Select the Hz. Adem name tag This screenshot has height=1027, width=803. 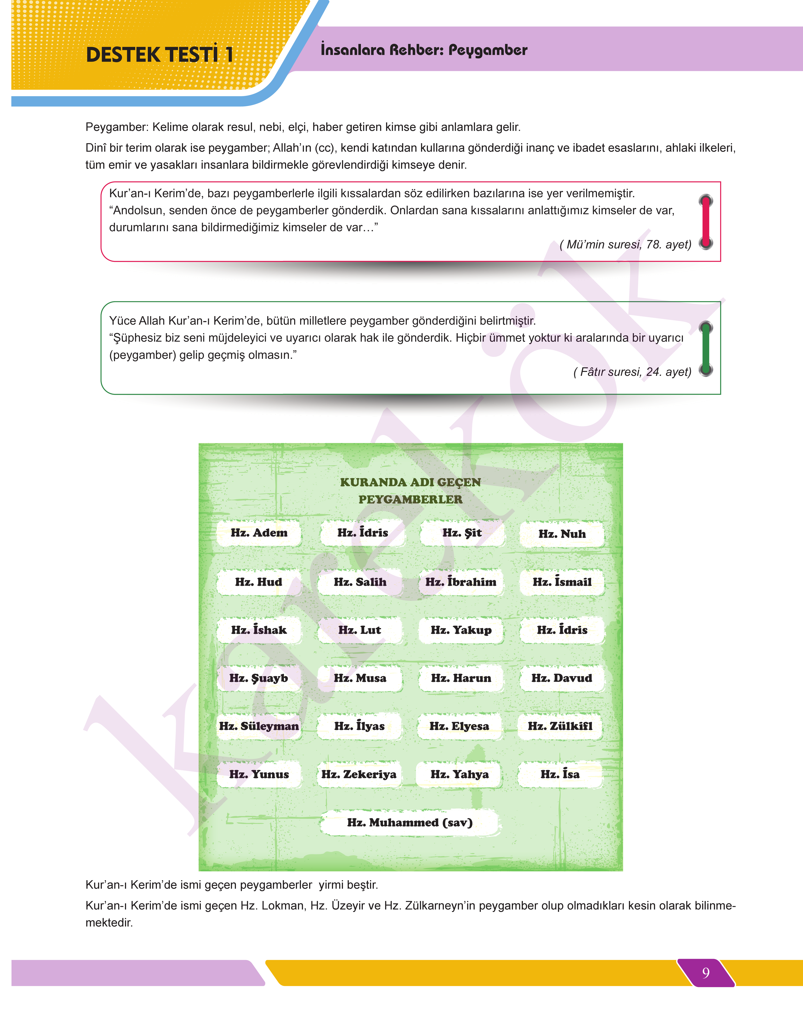[x=259, y=533]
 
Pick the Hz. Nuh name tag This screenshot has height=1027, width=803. [x=562, y=534]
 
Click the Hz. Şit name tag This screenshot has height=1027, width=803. [x=462, y=533]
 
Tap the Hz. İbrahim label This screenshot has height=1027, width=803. [x=461, y=582]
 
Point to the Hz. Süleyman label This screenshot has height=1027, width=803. [x=259, y=726]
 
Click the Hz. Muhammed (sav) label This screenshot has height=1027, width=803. [x=410, y=822]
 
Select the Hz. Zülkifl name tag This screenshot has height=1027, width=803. [x=560, y=726]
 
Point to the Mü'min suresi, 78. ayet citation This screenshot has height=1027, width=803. [x=625, y=245]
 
